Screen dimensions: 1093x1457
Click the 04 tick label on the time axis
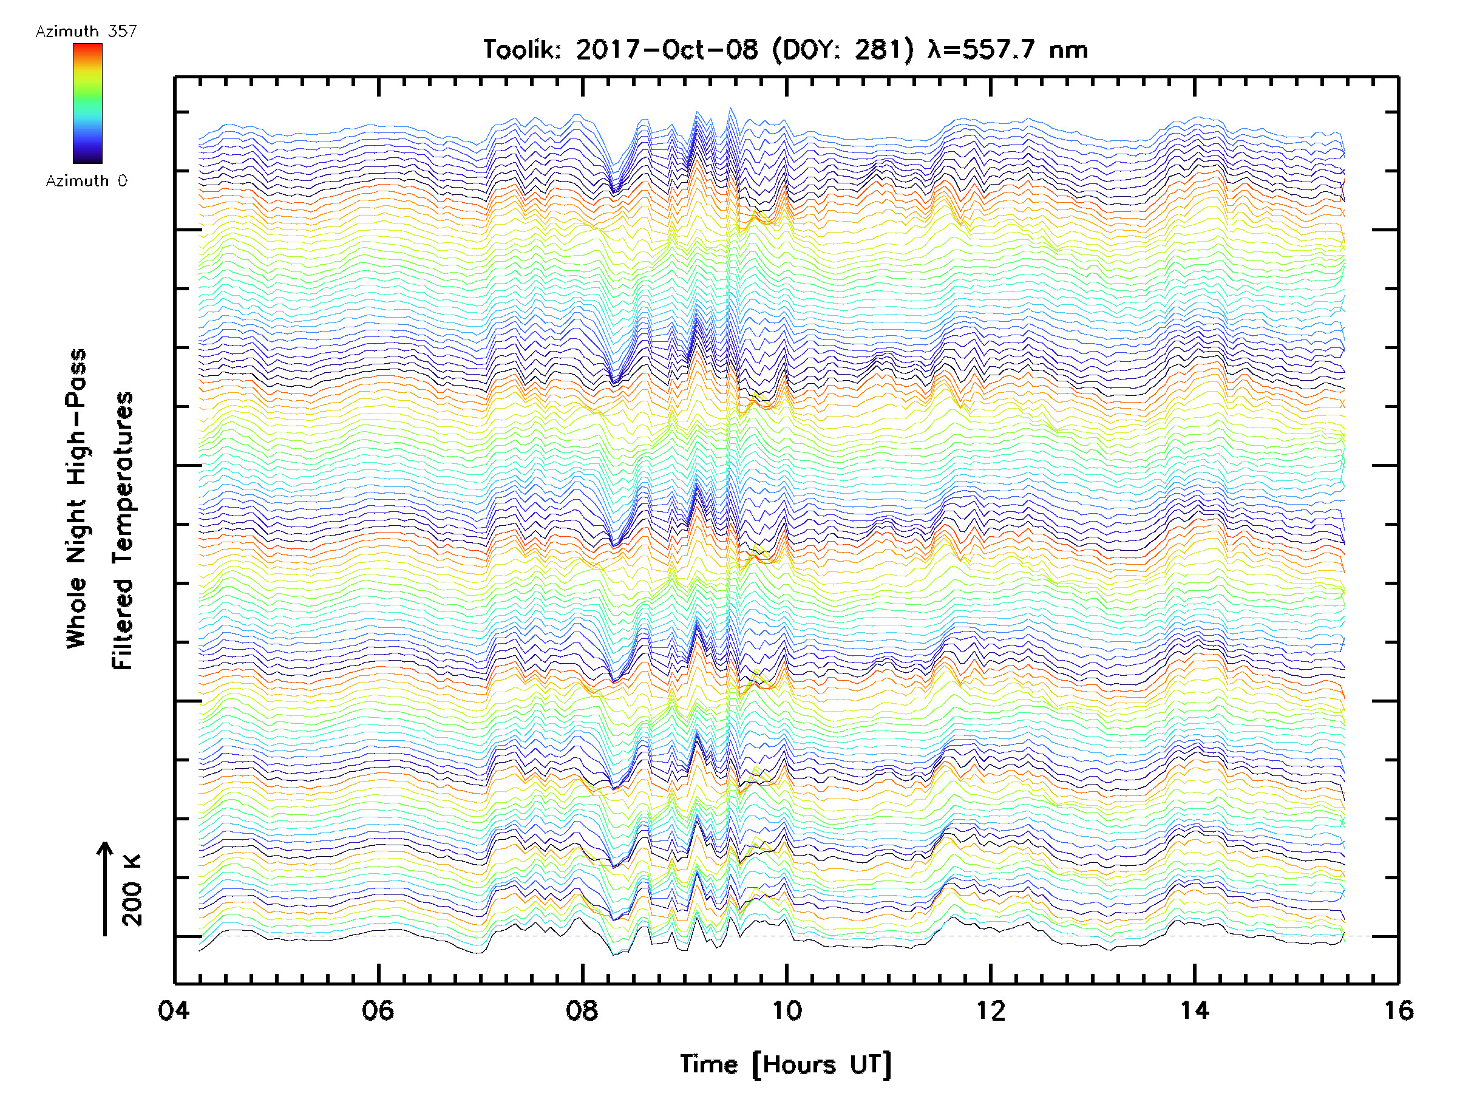(174, 1010)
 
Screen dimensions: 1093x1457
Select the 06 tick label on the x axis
(378, 1010)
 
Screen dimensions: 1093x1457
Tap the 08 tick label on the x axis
(582, 1010)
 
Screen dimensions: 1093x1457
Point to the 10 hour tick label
(786, 1010)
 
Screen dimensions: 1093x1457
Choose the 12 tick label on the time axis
(991, 1010)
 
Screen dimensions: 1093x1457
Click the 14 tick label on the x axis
(1195, 1010)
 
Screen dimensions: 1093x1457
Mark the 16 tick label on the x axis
(1398, 1010)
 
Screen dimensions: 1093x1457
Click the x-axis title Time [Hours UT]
(786, 1064)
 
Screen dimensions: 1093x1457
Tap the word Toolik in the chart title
(520, 50)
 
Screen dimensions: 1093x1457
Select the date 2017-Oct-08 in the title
(667, 50)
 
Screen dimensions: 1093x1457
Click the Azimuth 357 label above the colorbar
(86, 32)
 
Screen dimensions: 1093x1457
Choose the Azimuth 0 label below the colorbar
(86, 181)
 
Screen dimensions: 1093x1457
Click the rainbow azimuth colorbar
(87, 103)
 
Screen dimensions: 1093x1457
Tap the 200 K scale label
(132, 890)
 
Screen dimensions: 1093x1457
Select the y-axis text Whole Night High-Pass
(76, 499)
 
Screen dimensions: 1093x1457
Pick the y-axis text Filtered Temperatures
(123, 531)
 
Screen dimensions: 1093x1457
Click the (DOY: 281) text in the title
(843, 50)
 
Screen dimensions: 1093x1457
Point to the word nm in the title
(1068, 50)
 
